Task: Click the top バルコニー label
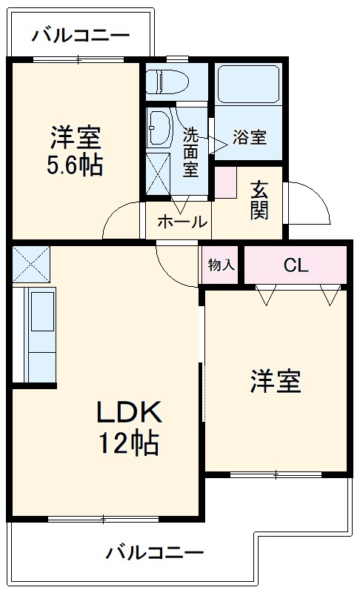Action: click(81, 35)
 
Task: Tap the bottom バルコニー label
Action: click(154, 553)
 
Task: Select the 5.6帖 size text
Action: click(74, 165)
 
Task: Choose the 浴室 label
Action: click(249, 137)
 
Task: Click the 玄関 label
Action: click(259, 199)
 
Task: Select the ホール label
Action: click(181, 222)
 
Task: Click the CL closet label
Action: click(296, 265)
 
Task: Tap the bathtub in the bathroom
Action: click(248, 84)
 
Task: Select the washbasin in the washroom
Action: click(159, 128)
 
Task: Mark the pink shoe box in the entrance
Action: click(225, 182)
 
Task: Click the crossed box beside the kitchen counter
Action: click(30, 263)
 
